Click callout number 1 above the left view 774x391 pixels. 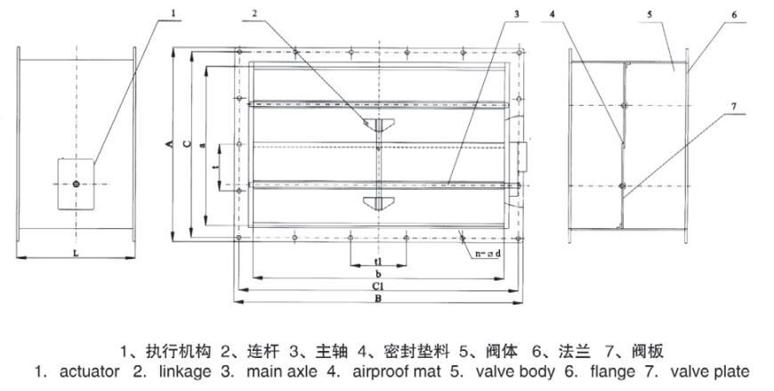pyautogui.click(x=173, y=13)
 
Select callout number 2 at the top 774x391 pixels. pyautogui.click(x=254, y=13)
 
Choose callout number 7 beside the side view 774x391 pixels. pyautogui.click(x=734, y=107)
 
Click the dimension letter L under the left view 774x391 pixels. pyautogui.click(x=76, y=254)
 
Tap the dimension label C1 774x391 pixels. pyautogui.click(x=378, y=287)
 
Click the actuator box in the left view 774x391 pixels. pyautogui.click(x=77, y=183)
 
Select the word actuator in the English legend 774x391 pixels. pyautogui.click(x=89, y=371)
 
